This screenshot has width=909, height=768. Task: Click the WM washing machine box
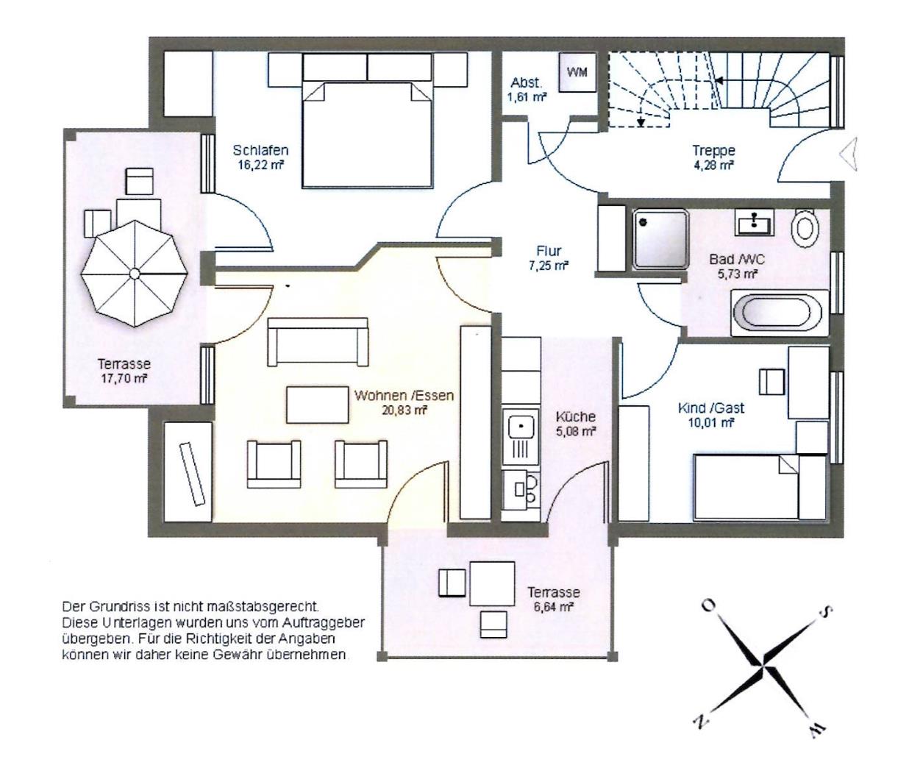(x=577, y=72)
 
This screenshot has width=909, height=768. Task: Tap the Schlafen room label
(x=260, y=150)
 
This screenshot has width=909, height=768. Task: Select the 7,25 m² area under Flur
(x=549, y=266)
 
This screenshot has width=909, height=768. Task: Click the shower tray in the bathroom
(x=660, y=239)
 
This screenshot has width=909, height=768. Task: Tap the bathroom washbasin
(x=755, y=222)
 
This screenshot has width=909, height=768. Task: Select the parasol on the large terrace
(x=135, y=274)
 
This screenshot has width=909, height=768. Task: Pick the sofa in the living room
(x=318, y=341)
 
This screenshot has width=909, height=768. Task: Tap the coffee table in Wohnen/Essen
(x=318, y=405)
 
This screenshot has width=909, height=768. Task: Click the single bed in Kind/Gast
(x=760, y=487)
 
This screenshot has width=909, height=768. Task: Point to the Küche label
(x=576, y=416)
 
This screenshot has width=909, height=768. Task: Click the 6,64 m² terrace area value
(x=553, y=607)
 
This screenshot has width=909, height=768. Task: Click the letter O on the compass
(x=709, y=605)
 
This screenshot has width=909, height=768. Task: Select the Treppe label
(x=714, y=151)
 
